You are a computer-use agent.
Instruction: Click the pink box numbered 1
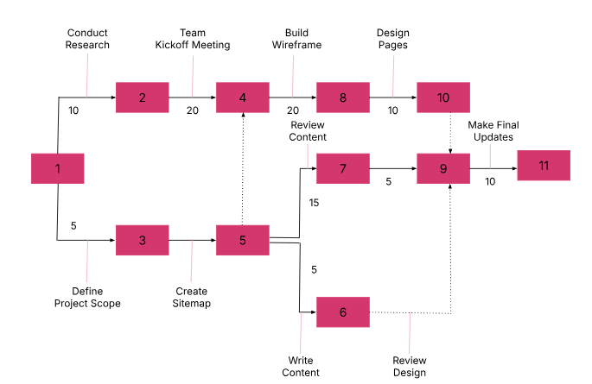coord(57,168)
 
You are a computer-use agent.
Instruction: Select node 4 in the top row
coord(243,98)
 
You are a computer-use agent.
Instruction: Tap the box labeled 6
coord(343,312)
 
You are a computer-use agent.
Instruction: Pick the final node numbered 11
coord(544,165)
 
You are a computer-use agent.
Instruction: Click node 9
coord(443,168)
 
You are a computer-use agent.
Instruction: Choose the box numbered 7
coord(343,168)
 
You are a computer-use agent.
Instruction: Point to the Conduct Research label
coord(87,39)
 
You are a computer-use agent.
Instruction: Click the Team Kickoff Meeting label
coord(193,39)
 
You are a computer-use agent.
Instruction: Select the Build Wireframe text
coord(296,39)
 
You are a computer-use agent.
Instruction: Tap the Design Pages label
coord(393,39)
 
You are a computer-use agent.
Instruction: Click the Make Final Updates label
coord(493,131)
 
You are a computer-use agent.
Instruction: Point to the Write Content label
coord(301,366)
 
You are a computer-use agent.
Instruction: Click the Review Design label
coord(410,366)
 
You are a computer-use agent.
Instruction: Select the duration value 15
coord(314,203)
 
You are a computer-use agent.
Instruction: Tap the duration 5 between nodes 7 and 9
coord(388,182)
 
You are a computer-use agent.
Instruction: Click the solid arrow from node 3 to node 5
coord(192,240)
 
